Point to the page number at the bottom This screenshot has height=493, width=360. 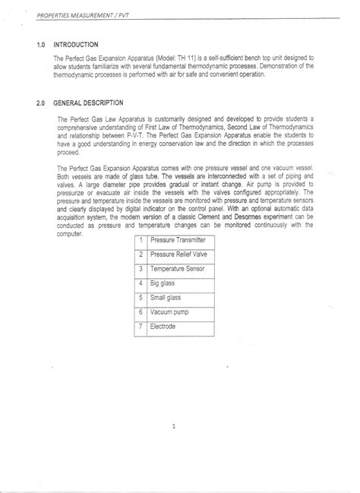tap(174, 426)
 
